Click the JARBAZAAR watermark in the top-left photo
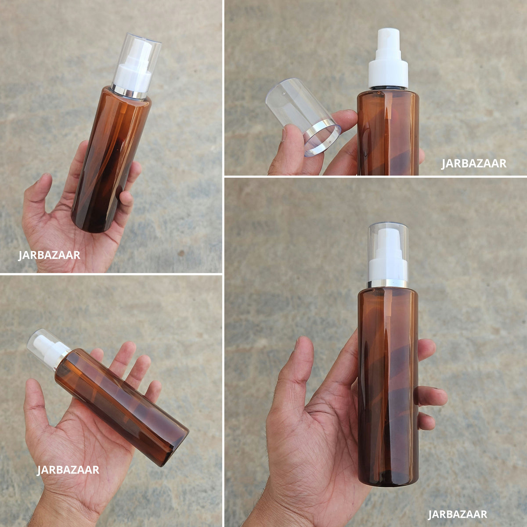[49, 255]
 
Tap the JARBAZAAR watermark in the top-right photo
[474, 163]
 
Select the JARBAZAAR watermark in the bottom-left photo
[68, 470]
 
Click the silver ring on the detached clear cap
[323, 140]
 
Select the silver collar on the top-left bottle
[129, 93]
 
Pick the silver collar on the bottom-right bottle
[388, 284]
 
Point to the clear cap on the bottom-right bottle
[388, 253]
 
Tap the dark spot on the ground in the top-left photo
[181, 253]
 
